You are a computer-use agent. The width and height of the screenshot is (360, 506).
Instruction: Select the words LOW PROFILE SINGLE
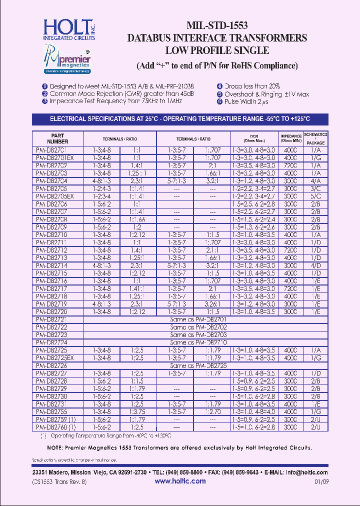[x=217, y=50]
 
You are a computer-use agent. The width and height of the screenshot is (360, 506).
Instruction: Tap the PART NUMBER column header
[x=57, y=138]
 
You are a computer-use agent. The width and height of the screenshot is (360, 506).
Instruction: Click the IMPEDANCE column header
[x=290, y=138]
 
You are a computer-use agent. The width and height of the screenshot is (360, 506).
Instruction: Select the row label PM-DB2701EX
[x=55, y=157]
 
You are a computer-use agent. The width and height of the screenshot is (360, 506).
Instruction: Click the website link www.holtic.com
[x=180, y=481]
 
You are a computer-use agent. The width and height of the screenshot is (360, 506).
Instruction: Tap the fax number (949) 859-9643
[x=238, y=472]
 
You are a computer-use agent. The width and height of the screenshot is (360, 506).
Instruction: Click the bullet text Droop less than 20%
[x=252, y=86]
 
